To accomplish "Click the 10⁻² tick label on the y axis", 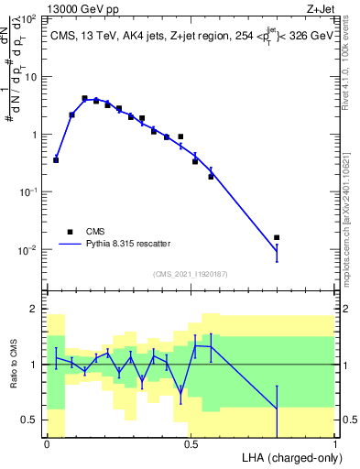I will (27, 250).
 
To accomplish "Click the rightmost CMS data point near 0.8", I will (277, 237).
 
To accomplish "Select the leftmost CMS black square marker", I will (56, 160).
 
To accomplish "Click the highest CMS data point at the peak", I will (84, 98).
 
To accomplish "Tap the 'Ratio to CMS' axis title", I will (14, 376).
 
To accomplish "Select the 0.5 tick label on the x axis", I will (191, 444).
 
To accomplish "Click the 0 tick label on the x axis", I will (47, 444).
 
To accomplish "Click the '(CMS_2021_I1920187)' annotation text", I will (190, 274).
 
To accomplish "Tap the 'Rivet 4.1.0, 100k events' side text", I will (345, 69).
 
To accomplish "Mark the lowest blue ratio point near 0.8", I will (277, 409).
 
